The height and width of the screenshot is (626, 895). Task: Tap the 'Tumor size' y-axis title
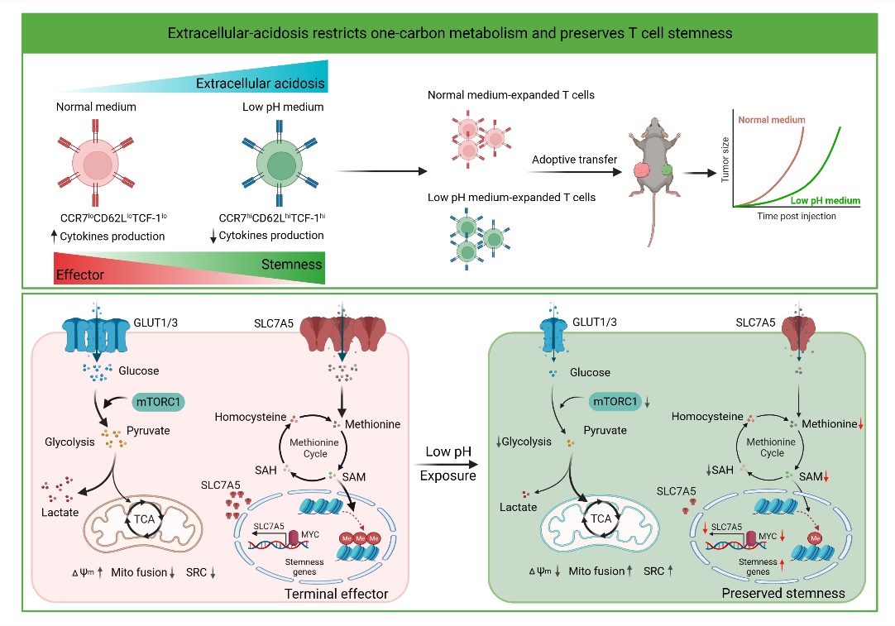(x=725, y=162)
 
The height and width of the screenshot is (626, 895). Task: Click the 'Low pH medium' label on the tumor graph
(x=824, y=201)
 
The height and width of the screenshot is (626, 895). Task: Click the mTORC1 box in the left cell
(x=160, y=401)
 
